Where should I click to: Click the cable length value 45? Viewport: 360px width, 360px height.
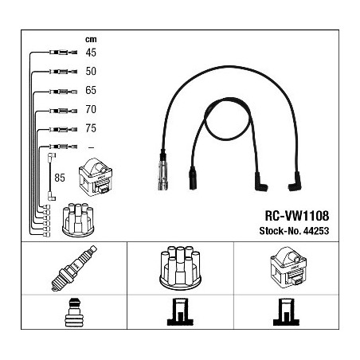click(x=91, y=53)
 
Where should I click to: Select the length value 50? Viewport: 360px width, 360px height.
click(x=91, y=71)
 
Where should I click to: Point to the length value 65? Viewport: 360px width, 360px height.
click(x=91, y=90)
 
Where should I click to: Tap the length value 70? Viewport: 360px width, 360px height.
click(x=91, y=109)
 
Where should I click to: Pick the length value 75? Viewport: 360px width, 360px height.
click(x=91, y=128)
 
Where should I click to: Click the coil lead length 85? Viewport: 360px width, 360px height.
click(x=60, y=178)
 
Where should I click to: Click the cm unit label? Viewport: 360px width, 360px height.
click(x=91, y=40)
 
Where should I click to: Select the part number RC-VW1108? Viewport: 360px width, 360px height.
click(x=297, y=216)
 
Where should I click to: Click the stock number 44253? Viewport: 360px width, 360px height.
click(x=316, y=231)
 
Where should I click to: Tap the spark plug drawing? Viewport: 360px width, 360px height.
click(x=74, y=268)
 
